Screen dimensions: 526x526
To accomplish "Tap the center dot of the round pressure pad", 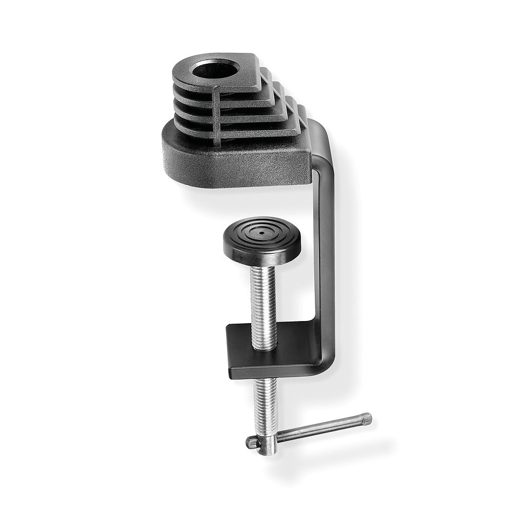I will [x=261, y=232].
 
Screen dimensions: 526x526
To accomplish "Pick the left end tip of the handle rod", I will [x=250, y=441].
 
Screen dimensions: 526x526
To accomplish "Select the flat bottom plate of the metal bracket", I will [x=272, y=349].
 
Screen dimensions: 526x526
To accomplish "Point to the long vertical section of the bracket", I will [x=326, y=247].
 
